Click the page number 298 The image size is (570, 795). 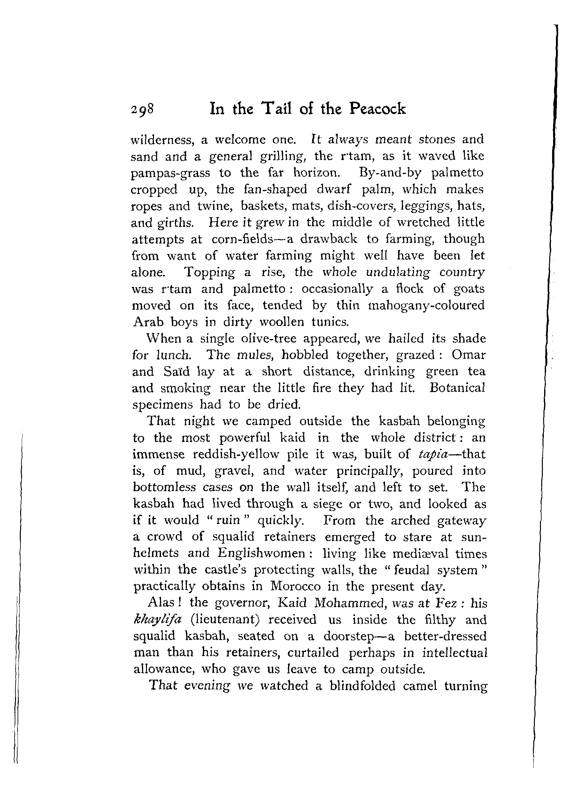142,110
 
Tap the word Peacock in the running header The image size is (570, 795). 378,109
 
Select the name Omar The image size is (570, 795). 468,355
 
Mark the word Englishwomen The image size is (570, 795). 261,553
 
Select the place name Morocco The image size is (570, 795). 296,586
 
